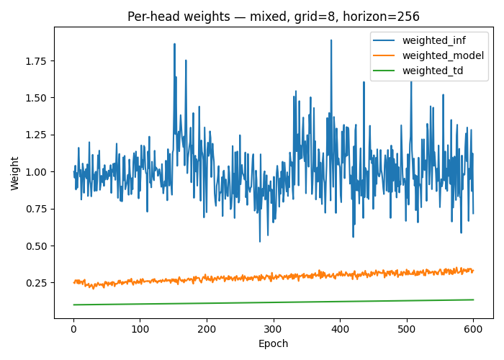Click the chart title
(x=274, y=17)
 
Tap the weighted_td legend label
(x=433, y=71)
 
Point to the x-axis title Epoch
(x=274, y=344)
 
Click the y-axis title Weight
(x=15, y=173)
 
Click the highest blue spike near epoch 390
(x=331, y=41)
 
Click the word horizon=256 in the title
(x=384, y=17)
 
